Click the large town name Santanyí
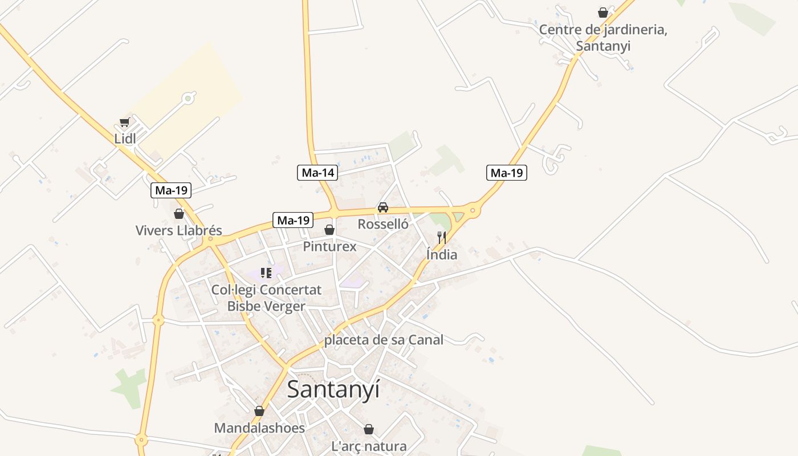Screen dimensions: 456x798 [x=333, y=389]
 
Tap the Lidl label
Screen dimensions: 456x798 [x=125, y=139]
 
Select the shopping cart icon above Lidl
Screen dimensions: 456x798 [x=124, y=122]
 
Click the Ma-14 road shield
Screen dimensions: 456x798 [x=317, y=173]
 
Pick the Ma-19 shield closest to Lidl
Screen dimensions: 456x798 [x=171, y=190]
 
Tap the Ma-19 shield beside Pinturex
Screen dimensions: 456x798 [x=294, y=220]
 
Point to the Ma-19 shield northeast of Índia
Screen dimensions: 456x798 [x=506, y=173]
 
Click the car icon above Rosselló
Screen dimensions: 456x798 [x=383, y=207]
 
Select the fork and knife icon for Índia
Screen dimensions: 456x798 [x=442, y=238]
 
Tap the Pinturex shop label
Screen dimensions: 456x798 [x=329, y=246]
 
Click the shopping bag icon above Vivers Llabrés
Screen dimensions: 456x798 [x=179, y=214]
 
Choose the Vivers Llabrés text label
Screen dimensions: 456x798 [x=178, y=231]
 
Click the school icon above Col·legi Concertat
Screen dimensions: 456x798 [x=266, y=273]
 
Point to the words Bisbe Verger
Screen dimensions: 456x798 [x=266, y=306]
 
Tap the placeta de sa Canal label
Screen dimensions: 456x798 [x=384, y=340]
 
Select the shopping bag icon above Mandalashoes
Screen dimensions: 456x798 [x=259, y=411]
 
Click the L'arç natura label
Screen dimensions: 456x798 [x=369, y=446]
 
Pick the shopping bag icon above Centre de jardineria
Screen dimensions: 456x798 [x=603, y=13]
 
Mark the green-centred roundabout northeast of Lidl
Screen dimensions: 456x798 [x=188, y=99]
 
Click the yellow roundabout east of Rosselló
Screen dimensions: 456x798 [x=473, y=211]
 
